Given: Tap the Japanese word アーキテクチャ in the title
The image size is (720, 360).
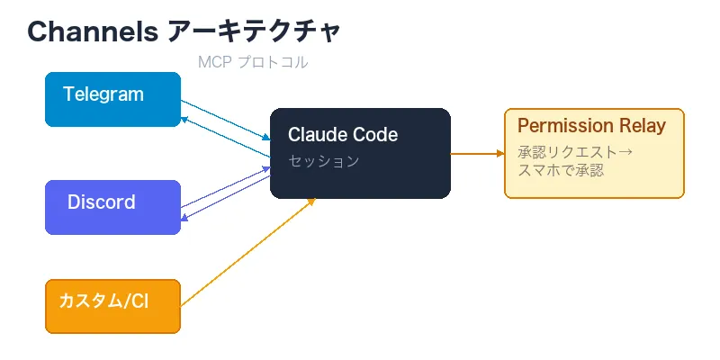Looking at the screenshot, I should tap(255, 31).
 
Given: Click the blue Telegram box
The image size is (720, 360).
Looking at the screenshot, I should tap(112, 99).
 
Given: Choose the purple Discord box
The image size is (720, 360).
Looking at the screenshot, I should tap(112, 207).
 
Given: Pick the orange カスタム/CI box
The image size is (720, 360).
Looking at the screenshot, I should tap(112, 306).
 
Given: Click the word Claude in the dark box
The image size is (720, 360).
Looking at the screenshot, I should tap(316, 135).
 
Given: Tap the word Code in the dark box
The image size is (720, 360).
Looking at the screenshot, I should tap(373, 135).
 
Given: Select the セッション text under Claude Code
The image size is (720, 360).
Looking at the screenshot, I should tap(323, 161).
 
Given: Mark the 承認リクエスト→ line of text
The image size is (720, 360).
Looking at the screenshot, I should tap(575, 151).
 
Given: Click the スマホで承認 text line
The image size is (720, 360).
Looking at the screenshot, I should tap(561, 169).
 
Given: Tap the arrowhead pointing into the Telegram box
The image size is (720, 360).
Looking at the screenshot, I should tap(184, 118).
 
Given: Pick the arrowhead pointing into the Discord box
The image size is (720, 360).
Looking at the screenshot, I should tap(184, 217).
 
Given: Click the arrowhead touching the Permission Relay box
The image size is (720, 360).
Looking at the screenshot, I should tap(499, 153).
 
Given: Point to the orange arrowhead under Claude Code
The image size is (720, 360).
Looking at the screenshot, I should tap(311, 201).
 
